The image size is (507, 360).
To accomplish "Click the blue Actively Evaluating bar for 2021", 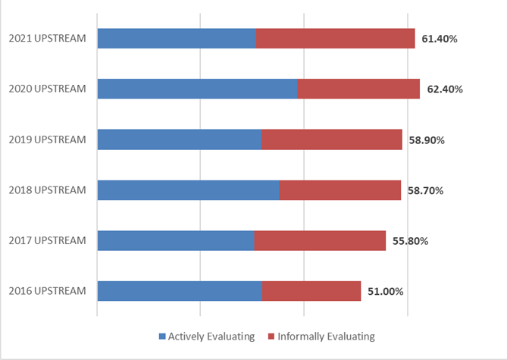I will point(177,38).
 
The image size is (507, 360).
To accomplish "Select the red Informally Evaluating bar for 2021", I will point(335,38).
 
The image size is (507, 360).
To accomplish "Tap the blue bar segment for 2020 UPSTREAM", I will point(197,89).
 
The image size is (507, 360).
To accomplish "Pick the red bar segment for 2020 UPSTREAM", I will point(358,89).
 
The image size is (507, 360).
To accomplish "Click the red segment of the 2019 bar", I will point(331,139).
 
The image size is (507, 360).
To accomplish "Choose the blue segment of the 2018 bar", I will point(188,190).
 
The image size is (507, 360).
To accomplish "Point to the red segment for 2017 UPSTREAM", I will point(320,240).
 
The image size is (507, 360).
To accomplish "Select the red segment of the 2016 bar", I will point(311,291).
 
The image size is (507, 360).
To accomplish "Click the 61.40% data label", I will point(440,39).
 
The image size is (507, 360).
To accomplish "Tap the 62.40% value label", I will point(445,89).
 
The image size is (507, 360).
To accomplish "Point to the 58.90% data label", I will point(427,140).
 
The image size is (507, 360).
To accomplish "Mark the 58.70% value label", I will point(425,190).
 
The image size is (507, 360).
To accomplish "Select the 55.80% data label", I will point(411,241).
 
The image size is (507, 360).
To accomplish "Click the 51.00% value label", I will point(385,292).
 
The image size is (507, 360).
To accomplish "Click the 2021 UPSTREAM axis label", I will point(47,39).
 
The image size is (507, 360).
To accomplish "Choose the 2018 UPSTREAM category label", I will point(47,190).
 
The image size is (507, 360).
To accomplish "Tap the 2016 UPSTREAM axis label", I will point(47,292).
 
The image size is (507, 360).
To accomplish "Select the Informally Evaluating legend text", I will point(326,337).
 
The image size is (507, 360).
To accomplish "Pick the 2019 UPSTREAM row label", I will point(47,140).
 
